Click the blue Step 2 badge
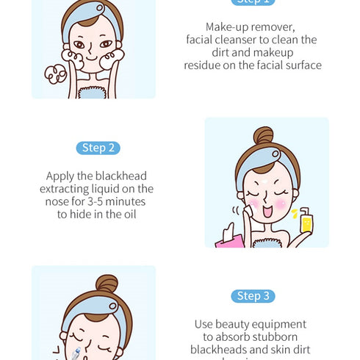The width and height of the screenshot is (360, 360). (98, 148)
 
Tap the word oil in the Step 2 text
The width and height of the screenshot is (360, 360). (127, 214)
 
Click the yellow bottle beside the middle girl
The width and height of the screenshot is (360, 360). (306, 220)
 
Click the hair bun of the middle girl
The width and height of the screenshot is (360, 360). (263, 136)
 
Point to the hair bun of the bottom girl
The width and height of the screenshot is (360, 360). (107, 284)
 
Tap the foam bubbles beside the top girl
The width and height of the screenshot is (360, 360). (54, 74)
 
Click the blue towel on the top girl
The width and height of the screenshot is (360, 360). (93, 92)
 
